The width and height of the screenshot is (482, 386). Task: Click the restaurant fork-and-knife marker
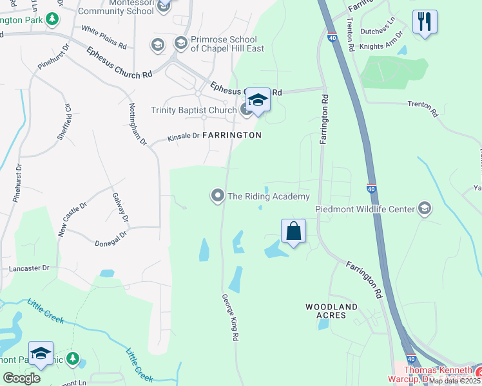click(425, 22)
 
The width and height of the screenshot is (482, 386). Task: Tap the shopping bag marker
click(293, 231)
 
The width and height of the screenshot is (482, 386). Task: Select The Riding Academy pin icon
click(218, 195)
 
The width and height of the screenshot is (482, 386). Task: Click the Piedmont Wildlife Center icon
click(424, 208)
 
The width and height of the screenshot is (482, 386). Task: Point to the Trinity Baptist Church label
click(194, 110)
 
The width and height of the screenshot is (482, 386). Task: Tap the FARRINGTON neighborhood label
click(232, 136)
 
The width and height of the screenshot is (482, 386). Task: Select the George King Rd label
click(230, 317)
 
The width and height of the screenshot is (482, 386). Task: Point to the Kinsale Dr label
click(184, 137)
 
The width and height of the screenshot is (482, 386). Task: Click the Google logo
click(21, 378)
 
